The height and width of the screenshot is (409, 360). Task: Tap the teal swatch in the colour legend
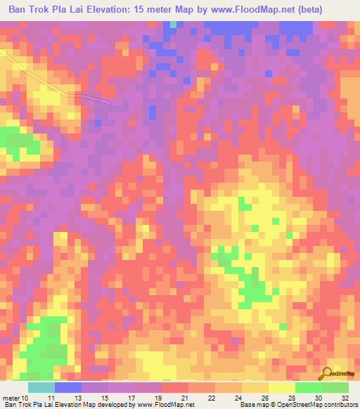click(41, 388)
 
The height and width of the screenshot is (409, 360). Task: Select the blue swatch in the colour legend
click(68, 388)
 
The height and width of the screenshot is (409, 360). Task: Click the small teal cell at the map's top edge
click(173, 25)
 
